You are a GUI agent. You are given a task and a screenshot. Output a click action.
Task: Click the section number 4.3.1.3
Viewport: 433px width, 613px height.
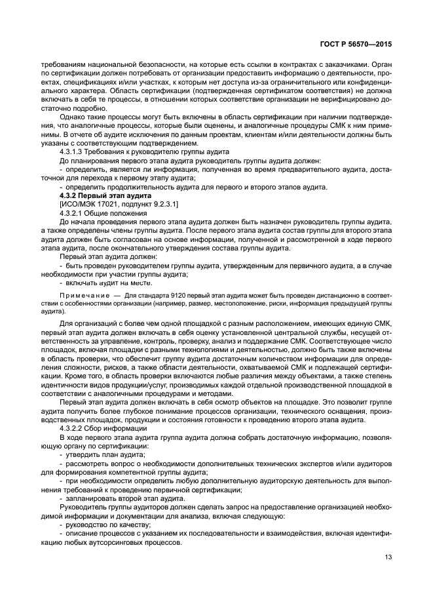(72, 151)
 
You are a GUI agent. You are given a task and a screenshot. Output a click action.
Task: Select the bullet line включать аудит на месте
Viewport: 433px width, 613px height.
(105, 283)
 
